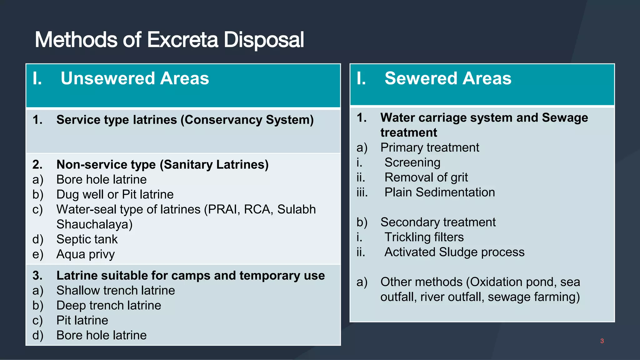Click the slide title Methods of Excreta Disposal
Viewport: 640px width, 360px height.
169,40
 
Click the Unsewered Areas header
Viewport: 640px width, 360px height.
135,78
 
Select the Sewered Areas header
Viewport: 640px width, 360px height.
448,78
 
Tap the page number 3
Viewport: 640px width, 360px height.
602,341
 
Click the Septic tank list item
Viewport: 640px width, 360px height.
87,239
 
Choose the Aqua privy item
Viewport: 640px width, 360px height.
85,254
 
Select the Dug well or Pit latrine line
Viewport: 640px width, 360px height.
115,194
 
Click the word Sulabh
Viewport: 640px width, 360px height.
296,209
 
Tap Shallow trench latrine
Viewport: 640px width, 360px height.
116,291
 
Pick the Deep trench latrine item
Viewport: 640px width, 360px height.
109,306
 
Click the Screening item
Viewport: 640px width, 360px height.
412,162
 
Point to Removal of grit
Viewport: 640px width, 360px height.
426,177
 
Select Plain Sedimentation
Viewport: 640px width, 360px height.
439,192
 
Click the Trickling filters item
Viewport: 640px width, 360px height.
424,237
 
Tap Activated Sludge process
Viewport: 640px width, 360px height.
454,252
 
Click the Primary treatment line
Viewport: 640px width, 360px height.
430,147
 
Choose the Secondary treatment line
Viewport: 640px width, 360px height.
438,222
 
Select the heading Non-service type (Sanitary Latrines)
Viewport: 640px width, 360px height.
162,165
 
